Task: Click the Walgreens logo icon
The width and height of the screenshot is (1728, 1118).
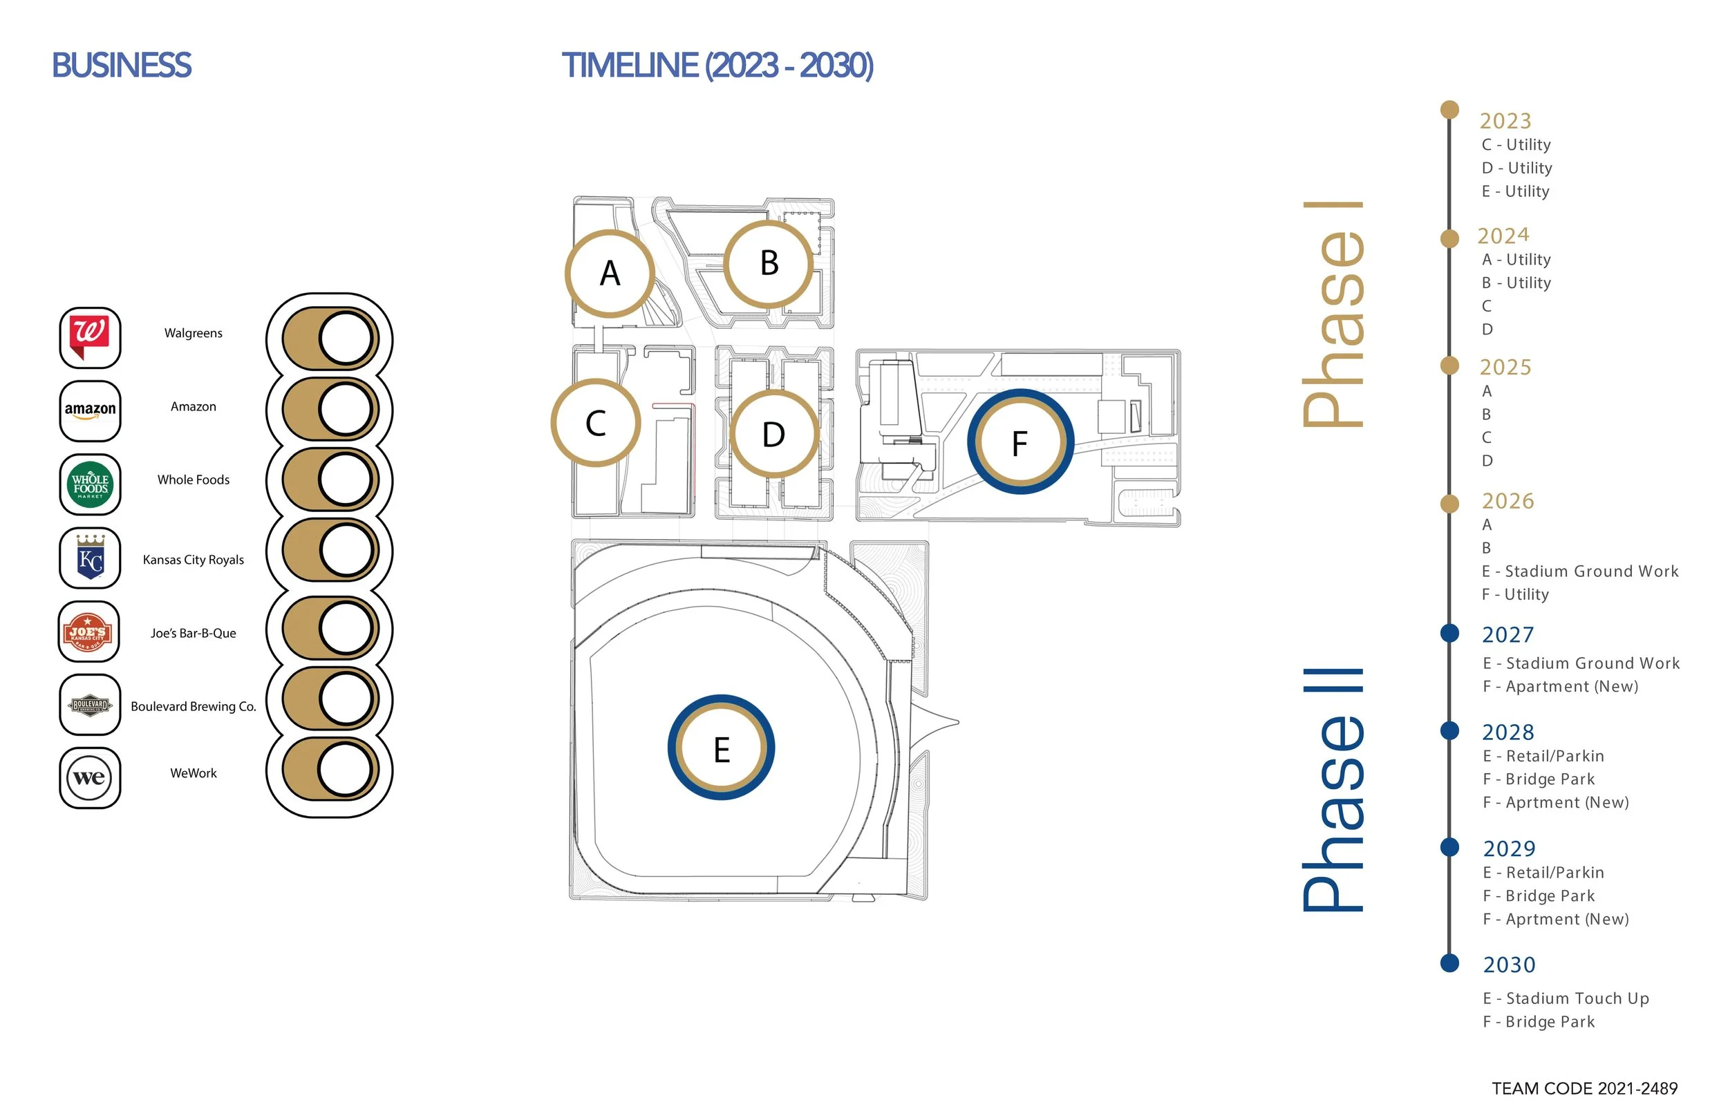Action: pyautogui.click(x=90, y=338)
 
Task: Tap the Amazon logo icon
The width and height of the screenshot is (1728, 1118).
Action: pyautogui.click(x=90, y=411)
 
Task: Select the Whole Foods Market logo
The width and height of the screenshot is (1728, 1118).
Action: pyautogui.click(x=90, y=484)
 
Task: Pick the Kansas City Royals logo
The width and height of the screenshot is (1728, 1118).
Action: pyautogui.click(x=90, y=558)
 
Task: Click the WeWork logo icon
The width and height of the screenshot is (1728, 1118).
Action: pyautogui.click(x=90, y=777)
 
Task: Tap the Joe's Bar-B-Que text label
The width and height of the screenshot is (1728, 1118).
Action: pyautogui.click(x=193, y=633)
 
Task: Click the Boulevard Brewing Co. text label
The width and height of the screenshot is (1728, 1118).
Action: pyautogui.click(x=193, y=706)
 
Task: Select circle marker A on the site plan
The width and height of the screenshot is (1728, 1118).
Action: pyautogui.click(x=610, y=274)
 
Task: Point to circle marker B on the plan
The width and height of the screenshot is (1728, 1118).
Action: pyautogui.click(x=769, y=263)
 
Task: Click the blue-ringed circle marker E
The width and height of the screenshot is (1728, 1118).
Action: pyautogui.click(x=721, y=748)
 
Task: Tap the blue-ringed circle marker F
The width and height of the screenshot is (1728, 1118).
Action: pyautogui.click(x=1020, y=442)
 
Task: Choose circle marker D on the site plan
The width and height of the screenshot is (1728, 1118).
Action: pyautogui.click(x=774, y=434)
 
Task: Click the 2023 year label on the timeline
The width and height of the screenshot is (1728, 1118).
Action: pyautogui.click(x=1505, y=120)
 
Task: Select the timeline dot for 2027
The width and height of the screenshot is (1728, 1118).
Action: pyautogui.click(x=1450, y=633)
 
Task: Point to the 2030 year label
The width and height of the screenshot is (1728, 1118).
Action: pyautogui.click(x=1510, y=965)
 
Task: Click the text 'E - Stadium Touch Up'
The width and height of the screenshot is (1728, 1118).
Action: pyautogui.click(x=1566, y=998)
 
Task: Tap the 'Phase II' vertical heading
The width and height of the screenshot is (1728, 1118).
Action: pyautogui.click(x=1333, y=789)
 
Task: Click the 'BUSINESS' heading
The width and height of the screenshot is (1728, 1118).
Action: pyautogui.click(x=121, y=66)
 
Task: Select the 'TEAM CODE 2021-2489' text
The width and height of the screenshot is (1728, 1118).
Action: pyautogui.click(x=1585, y=1089)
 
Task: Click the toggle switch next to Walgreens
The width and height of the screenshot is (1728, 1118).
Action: pyautogui.click(x=330, y=339)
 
